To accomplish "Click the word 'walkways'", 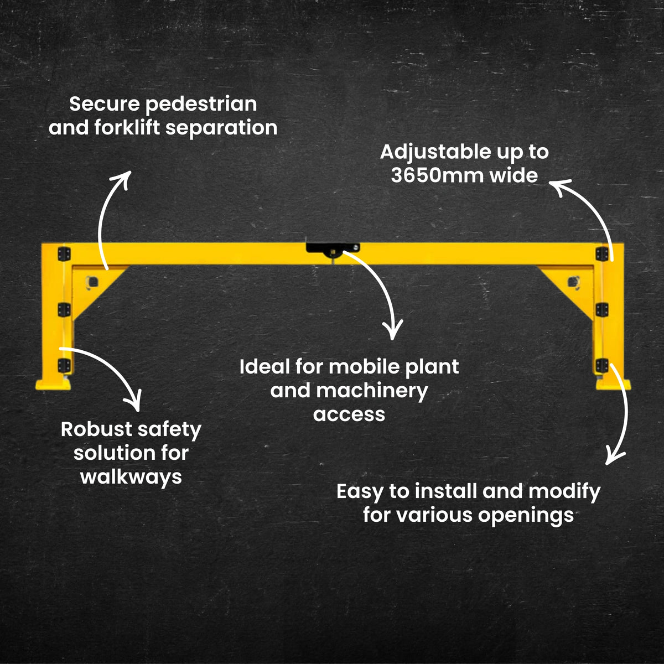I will [x=131, y=476].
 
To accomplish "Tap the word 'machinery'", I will [x=372, y=391].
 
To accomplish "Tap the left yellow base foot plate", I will [x=53, y=384].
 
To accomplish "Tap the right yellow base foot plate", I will [x=614, y=384].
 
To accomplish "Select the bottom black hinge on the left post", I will [x=64, y=365].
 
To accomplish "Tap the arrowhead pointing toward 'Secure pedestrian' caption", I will [x=124, y=177].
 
